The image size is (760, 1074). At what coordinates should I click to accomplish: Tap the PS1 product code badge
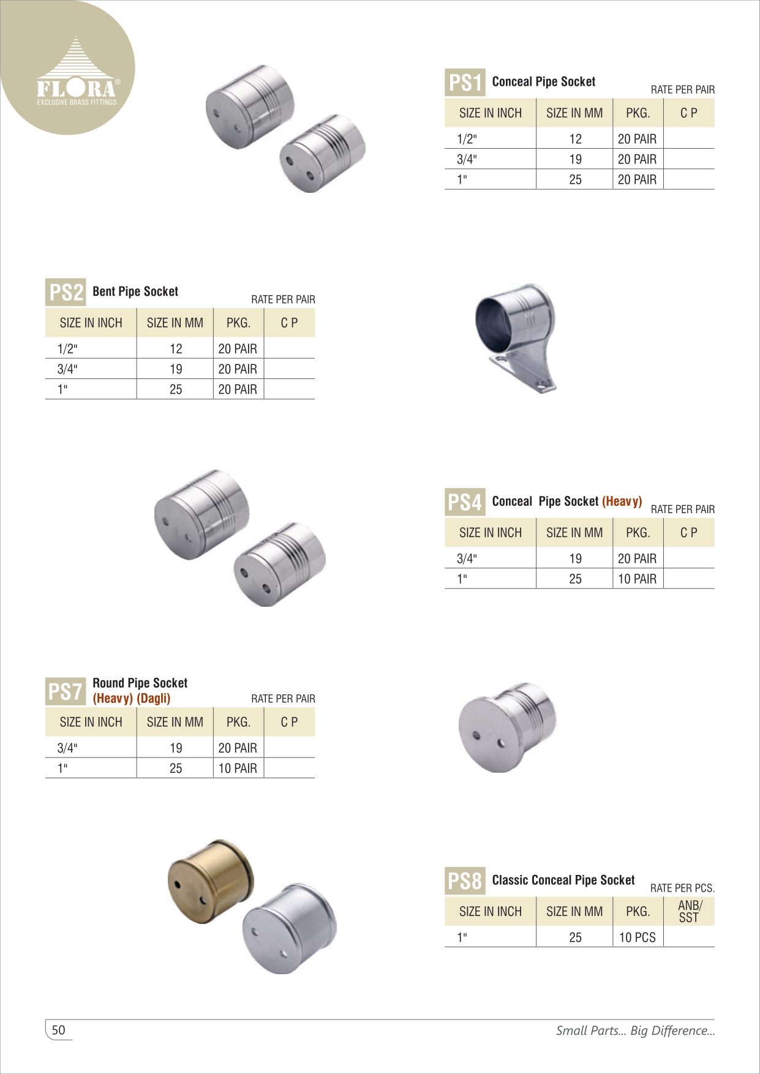coord(465,82)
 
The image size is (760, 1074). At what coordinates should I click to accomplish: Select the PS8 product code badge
coord(465,881)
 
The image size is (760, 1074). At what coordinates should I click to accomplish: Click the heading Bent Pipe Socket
coord(135,291)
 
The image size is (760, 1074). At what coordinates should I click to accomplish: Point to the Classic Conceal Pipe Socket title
coord(563,880)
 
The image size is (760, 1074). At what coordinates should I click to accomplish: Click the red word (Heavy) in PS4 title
coord(622,501)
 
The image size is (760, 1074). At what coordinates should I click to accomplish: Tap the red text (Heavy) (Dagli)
coord(132,699)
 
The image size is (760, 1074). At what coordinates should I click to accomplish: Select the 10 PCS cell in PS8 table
coord(637,937)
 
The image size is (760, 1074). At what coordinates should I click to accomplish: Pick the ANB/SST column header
coord(690,911)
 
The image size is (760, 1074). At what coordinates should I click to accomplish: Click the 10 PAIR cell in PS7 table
coord(238,768)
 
